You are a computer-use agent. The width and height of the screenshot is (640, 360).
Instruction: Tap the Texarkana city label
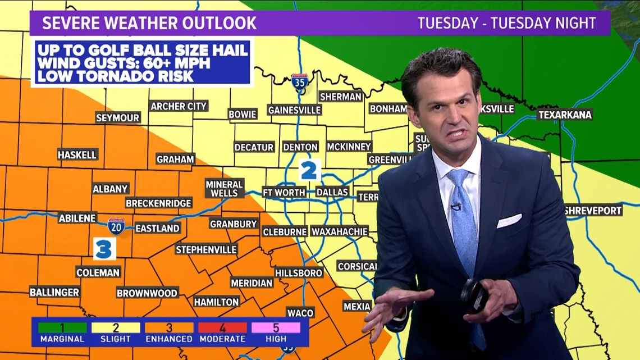coord(565,115)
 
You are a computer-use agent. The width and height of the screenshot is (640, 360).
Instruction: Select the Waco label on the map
coord(300,313)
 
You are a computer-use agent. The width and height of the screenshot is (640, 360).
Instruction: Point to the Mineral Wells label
coord(224,189)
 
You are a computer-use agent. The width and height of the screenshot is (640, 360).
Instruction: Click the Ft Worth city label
coord(284,192)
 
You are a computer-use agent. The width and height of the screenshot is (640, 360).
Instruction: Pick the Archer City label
coord(179,106)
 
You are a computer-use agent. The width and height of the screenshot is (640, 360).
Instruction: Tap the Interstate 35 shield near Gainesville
coord(300,83)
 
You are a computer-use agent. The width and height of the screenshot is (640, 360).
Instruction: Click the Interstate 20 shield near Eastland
coord(117,226)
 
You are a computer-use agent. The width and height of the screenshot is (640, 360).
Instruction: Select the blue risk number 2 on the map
coord(309,170)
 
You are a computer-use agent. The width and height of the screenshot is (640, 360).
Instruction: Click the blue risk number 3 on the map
coord(104,249)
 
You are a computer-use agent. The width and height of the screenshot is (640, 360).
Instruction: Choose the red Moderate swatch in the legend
coord(222,328)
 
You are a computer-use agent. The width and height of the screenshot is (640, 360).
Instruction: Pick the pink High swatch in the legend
coord(276,328)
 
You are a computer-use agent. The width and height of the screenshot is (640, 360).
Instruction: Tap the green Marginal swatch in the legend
coord(62,328)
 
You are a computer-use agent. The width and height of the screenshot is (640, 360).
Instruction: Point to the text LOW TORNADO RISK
coord(116,76)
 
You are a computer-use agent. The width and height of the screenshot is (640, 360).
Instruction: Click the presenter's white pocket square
coord(509,221)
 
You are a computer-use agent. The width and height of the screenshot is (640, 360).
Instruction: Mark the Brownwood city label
coord(147,293)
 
